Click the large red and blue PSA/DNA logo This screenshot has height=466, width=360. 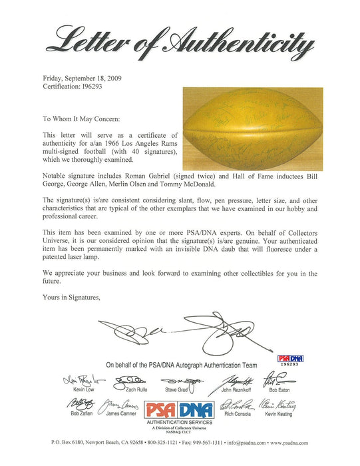pos(180,409)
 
